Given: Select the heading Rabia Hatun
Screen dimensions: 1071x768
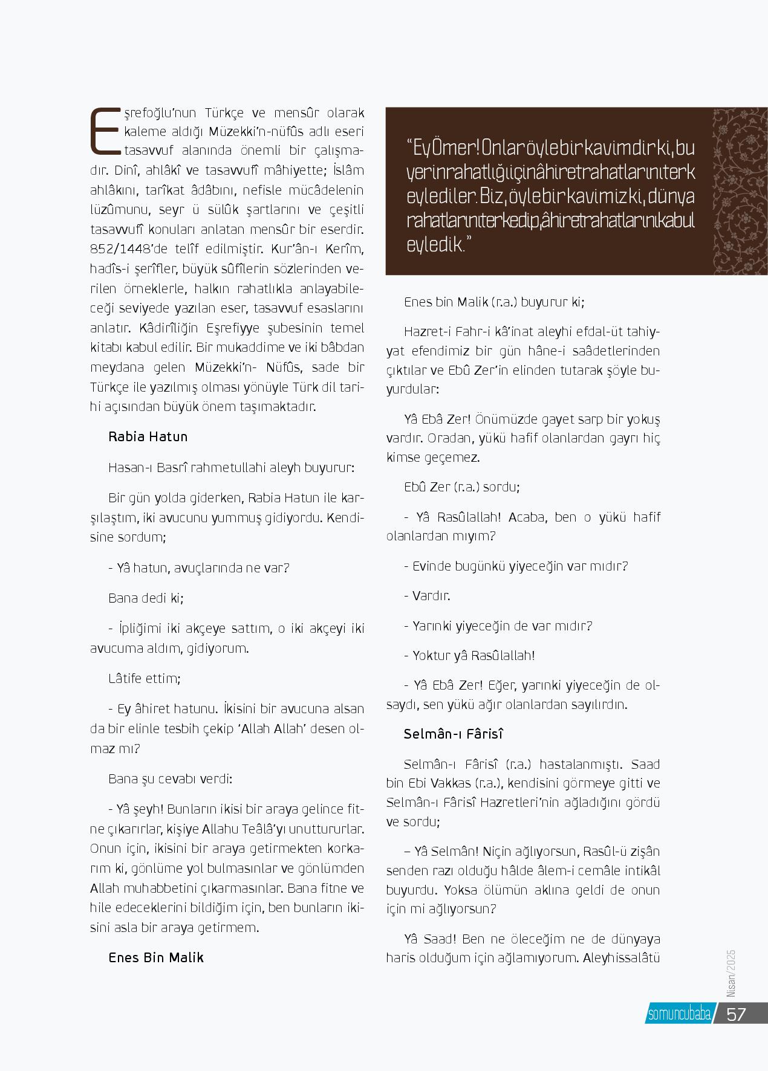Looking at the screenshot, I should click(148, 437).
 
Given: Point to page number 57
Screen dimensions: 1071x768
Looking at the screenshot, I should click(736, 1014).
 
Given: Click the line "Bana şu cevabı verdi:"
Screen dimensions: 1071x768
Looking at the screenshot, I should click(170, 778).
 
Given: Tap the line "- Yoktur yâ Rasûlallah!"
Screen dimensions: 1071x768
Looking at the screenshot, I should click(469, 655).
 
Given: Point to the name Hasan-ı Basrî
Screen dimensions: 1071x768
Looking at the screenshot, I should click(145, 467).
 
